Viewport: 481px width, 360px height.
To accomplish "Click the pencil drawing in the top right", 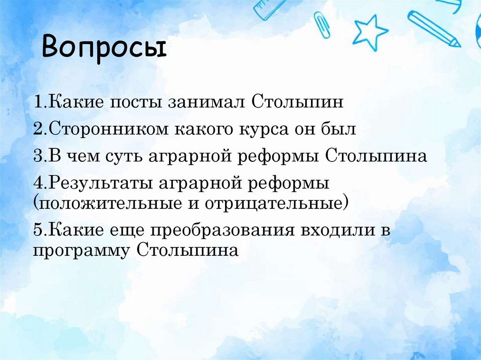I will point(434,29).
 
